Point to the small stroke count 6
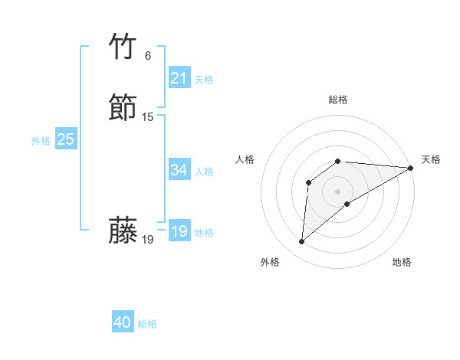coord(148,56)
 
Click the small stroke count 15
coord(148,117)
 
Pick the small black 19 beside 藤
coord(148,240)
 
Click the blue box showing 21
coord(179,77)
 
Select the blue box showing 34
coord(179,169)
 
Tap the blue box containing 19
coord(179,231)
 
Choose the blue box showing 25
coord(66,139)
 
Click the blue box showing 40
coord(123,322)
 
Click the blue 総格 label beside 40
coord(147,324)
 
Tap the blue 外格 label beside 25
coord(41,141)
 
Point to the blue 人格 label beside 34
coord(204,171)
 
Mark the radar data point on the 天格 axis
coord(412,168)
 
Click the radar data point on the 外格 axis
coord(301,242)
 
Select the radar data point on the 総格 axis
coord(338,161)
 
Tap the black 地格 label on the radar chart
coord(402,262)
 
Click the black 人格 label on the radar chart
coord(245,159)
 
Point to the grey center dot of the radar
coord(338,191)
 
